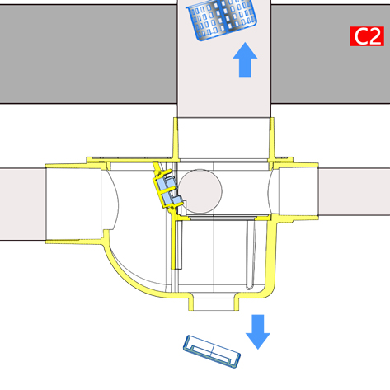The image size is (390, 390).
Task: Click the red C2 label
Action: pos(367,36)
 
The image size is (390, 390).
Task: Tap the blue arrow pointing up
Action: pos(245,59)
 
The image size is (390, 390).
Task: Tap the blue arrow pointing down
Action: pos(258,332)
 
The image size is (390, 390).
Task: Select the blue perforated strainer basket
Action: pos(222,19)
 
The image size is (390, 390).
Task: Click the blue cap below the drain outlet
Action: pos(212,351)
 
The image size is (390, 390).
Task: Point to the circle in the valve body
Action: pos(200,191)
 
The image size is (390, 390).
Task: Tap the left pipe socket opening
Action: pos(73,204)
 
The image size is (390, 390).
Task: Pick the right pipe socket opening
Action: pos(298,192)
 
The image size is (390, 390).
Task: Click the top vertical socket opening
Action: pos(223,138)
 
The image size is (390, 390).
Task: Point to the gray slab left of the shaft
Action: pos(88,54)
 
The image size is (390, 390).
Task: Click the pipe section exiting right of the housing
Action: pos(355,192)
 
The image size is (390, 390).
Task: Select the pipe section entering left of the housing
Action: pos(23,204)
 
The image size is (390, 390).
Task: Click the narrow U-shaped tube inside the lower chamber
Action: pos(251,254)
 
